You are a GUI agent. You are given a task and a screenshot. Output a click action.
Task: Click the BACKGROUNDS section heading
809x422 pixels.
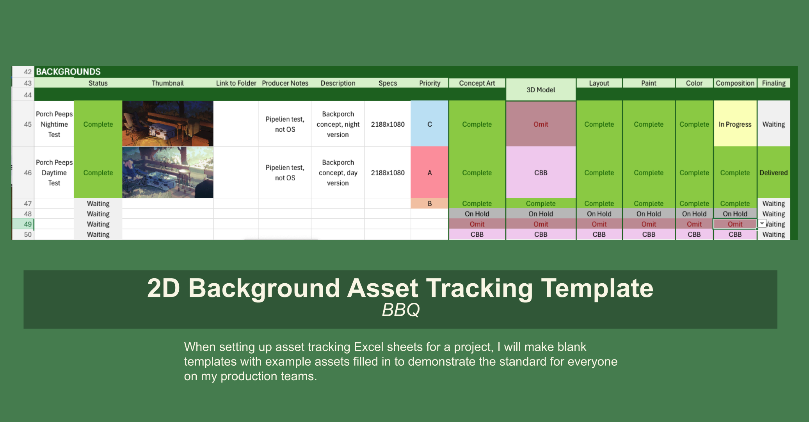click(68, 72)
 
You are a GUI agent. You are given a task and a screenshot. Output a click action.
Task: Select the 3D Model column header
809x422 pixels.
click(541, 90)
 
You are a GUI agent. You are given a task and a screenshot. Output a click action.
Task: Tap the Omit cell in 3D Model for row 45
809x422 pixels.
click(541, 124)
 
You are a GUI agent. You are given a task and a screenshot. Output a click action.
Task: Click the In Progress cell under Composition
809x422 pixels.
click(734, 124)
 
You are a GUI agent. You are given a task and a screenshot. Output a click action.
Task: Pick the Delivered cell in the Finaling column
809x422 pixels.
click(773, 173)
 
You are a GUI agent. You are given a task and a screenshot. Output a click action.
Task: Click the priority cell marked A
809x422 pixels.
click(429, 173)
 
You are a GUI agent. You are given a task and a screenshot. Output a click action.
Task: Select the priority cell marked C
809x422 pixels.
click(429, 124)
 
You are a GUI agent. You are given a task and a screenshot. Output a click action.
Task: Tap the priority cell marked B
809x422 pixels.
click(429, 204)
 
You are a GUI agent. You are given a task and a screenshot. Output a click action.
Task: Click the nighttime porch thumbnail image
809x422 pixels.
click(167, 124)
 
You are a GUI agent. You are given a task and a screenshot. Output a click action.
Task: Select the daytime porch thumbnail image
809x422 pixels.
click(167, 172)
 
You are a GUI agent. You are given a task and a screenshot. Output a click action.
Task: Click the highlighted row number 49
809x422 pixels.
click(27, 224)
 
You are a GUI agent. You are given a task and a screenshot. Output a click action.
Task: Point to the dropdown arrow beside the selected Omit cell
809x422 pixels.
click(762, 224)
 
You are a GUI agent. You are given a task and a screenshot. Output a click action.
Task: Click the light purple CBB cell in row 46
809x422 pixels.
click(541, 173)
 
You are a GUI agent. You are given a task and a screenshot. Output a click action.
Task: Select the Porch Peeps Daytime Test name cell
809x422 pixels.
click(54, 173)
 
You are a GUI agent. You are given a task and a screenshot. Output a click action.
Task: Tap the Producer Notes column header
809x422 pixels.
click(285, 83)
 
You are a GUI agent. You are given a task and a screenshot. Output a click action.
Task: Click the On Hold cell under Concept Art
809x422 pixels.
click(477, 214)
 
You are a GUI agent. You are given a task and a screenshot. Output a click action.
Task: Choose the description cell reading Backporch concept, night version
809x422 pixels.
click(338, 124)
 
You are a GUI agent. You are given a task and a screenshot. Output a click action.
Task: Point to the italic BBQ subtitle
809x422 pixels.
click(400, 310)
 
